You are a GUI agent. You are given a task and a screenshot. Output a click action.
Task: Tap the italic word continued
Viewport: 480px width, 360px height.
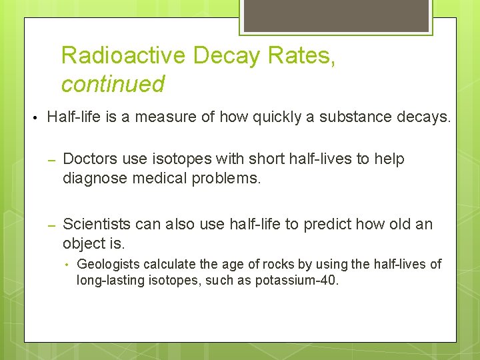coord(113,84)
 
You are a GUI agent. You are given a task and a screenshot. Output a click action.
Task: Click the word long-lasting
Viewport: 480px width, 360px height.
coord(110,281)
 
